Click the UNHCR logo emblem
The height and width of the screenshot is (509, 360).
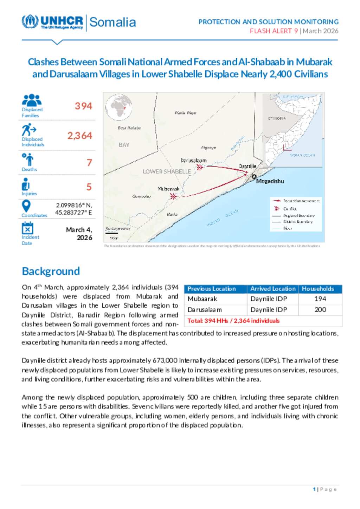click(30, 22)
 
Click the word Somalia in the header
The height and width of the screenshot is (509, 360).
click(112, 22)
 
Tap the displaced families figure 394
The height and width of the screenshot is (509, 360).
click(83, 106)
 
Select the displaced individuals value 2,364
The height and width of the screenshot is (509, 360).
click(80, 136)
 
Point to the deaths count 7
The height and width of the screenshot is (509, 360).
click(89, 163)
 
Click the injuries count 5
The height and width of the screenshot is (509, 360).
click(89, 187)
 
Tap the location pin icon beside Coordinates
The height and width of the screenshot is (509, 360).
click(26, 206)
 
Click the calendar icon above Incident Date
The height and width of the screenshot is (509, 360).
click(27, 228)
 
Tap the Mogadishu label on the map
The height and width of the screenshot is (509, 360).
click(270, 181)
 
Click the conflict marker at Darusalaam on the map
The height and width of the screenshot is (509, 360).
click(200, 167)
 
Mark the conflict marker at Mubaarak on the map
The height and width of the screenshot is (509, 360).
click(173, 196)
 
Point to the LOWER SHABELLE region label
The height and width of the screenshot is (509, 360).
click(167, 171)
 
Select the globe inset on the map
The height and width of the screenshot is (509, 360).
click(119, 107)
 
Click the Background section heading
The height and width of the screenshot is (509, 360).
click(51, 271)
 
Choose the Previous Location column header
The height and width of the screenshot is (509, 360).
click(212, 289)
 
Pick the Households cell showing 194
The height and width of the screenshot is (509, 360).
click(320, 299)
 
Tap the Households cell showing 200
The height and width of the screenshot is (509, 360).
click(320, 309)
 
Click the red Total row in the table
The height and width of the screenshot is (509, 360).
click(233, 321)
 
